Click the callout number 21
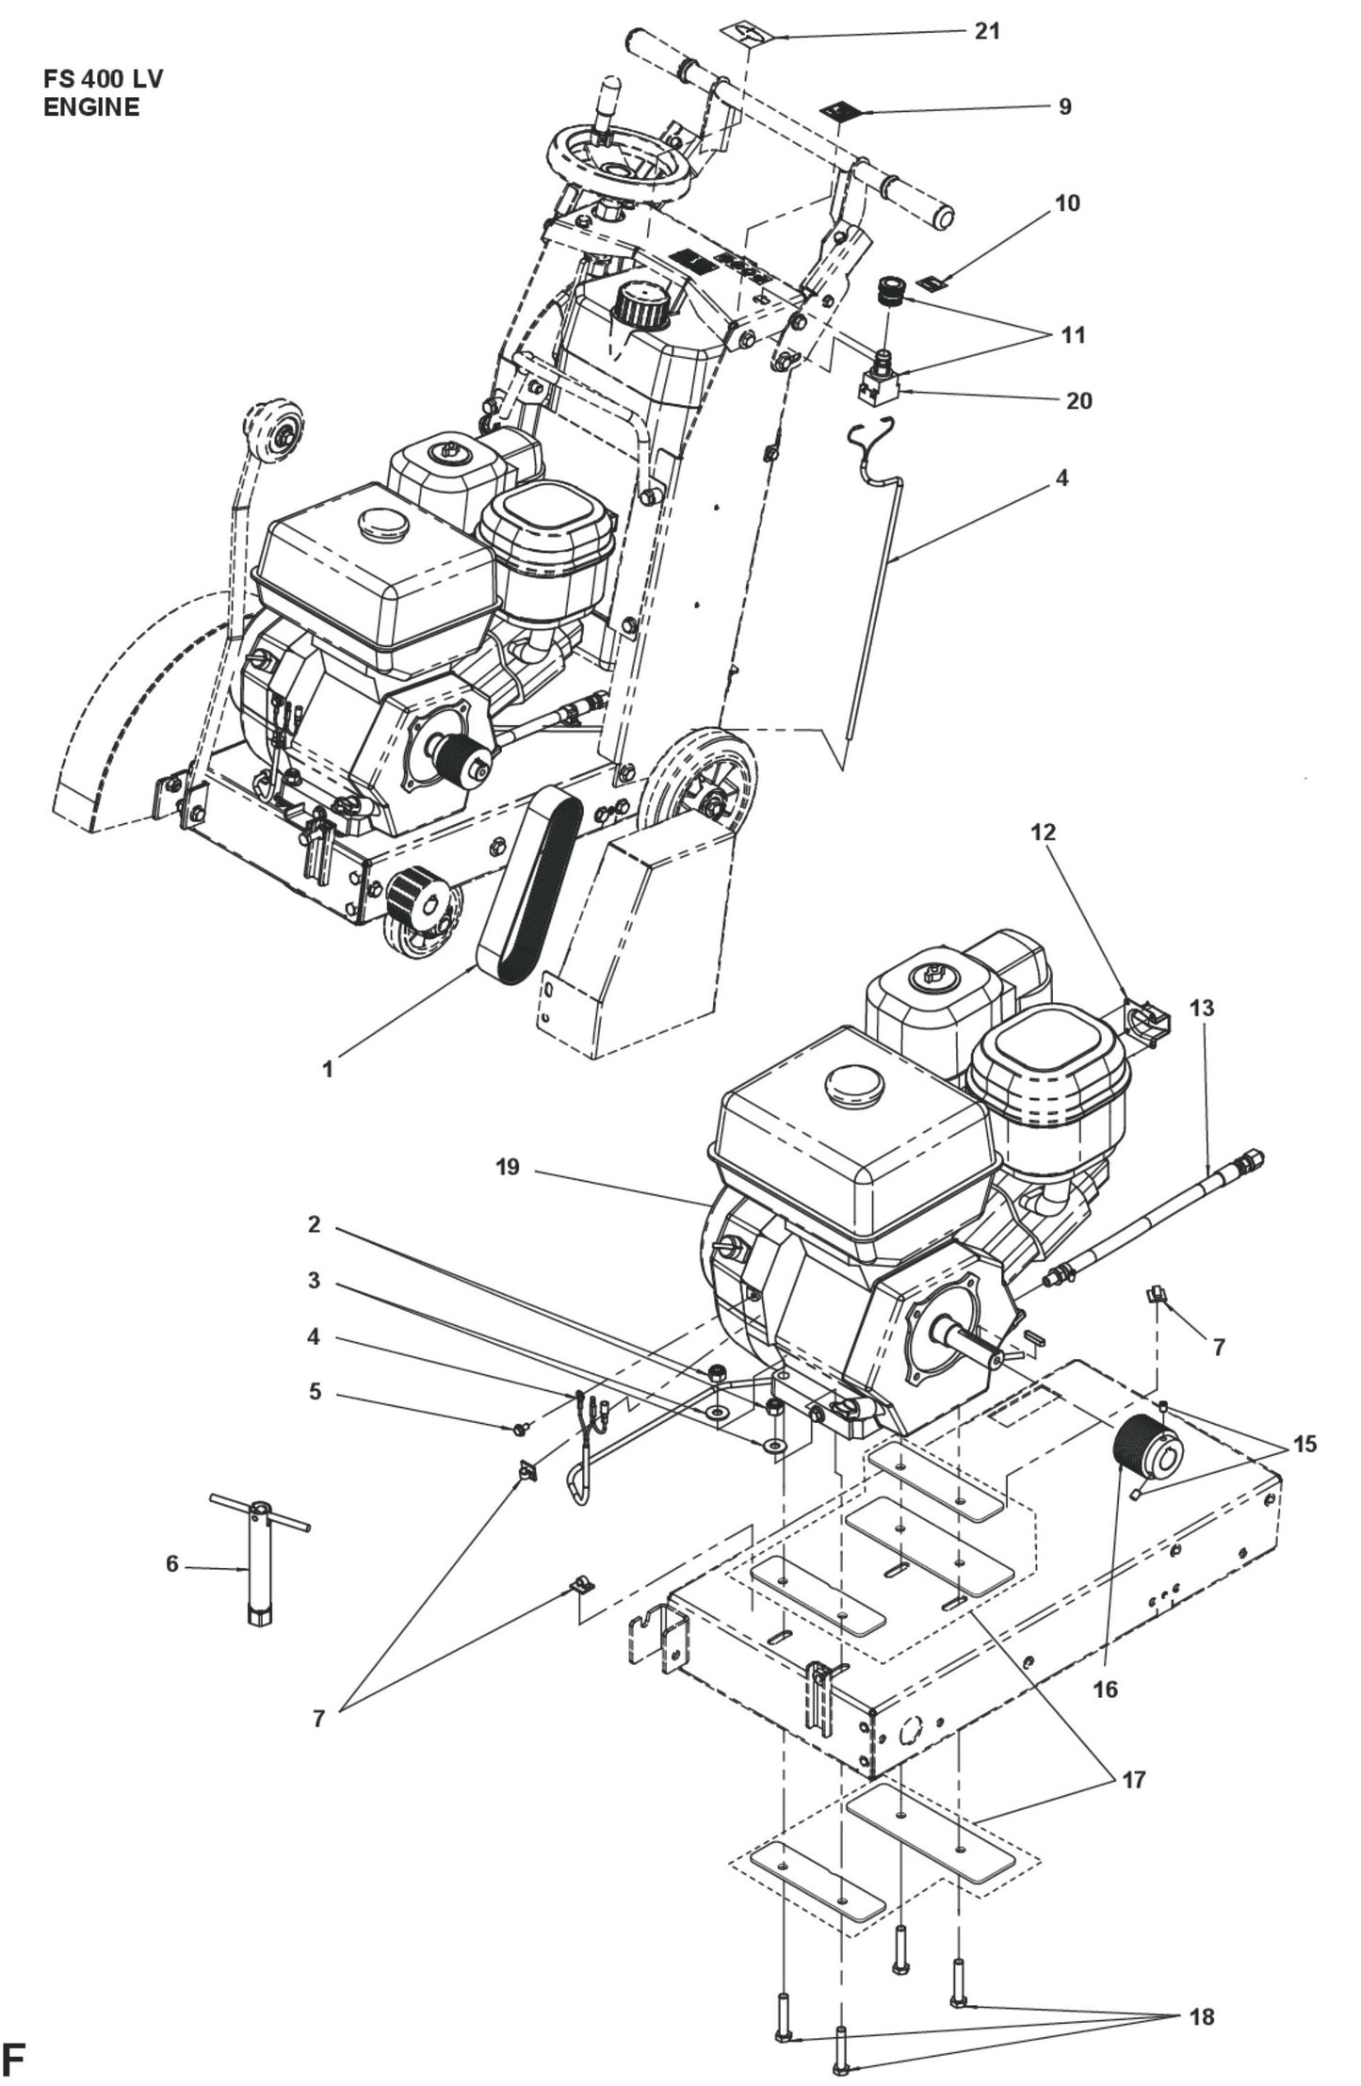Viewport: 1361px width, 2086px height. coord(986,31)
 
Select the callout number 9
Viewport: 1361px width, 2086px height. coord(1064,106)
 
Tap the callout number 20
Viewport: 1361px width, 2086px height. coord(1078,400)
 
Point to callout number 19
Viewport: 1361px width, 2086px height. coord(508,1168)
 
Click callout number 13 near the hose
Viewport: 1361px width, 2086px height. coord(1202,1009)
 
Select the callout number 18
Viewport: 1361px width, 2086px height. coord(1201,2016)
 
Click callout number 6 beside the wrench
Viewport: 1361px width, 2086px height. coord(171,1563)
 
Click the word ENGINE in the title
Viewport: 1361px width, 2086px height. coord(91,106)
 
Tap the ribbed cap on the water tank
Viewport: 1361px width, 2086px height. coord(641,307)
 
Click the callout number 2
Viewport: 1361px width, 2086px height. coord(315,1224)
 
